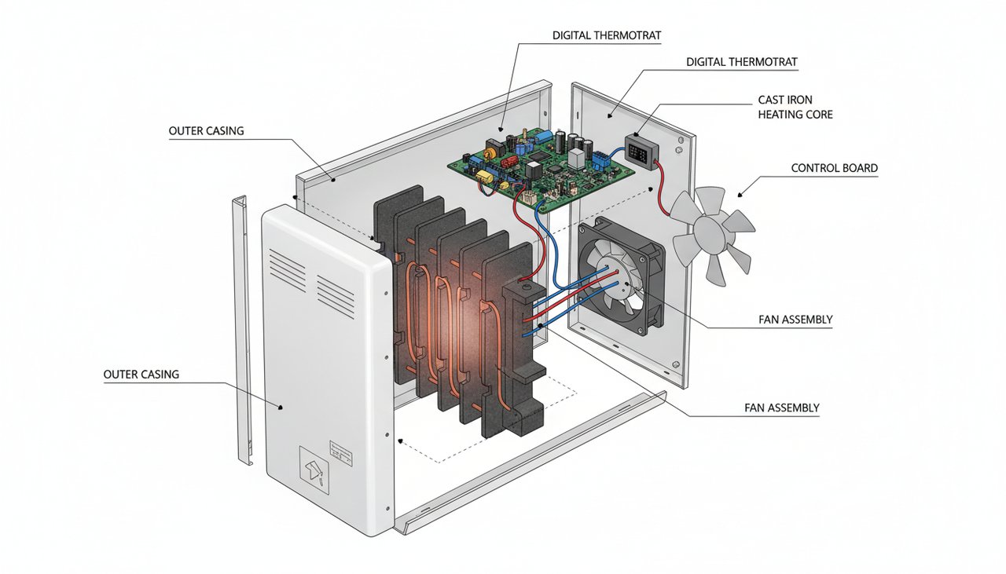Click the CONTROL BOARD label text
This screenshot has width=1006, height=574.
click(x=834, y=168)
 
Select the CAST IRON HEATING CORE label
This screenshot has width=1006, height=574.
click(x=795, y=108)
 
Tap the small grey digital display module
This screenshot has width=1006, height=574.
click(x=641, y=151)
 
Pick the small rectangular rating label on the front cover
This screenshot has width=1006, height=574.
click(x=341, y=450)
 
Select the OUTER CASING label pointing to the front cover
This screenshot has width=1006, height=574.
click(x=141, y=375)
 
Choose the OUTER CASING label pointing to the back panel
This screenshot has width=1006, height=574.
click(x=206, y=131)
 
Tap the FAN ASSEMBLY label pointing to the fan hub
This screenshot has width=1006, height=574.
click(x=795, y=320)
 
